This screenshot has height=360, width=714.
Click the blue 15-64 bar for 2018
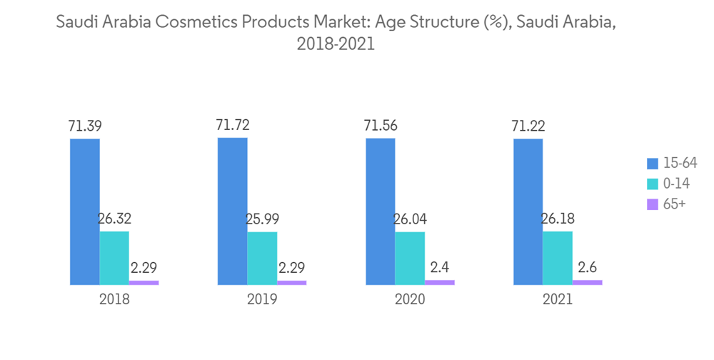pyautogui.click(x=84, y=211)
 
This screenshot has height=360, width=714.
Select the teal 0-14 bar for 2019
pyautogui.click(x=262, y=258)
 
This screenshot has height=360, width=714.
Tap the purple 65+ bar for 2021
pyautogui.click(x=587, y=282)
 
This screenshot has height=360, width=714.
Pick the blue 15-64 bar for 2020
pyautogui.click(x=380, y=211)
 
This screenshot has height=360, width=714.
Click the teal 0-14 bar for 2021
pyautogui.click(x=558, y=258)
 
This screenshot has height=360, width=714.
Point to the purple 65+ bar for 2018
pyautogui.click(x=144, y=283)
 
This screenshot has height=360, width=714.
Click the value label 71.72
pyautogui.click(x=233, y=126)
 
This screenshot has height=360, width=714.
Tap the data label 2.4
pyautogui.click(x=439, y=269)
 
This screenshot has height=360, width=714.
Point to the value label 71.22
pyautogui.click(x=528, y=126)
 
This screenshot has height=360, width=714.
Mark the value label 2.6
pyautogui.click(x=587, y=269)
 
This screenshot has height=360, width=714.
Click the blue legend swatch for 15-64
pyautogui.click(x=652, y=163)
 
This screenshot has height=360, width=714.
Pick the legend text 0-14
pyautogui.click(x=675, y=184)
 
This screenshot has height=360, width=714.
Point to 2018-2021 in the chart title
pyautogui.click(x=335, y=44)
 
